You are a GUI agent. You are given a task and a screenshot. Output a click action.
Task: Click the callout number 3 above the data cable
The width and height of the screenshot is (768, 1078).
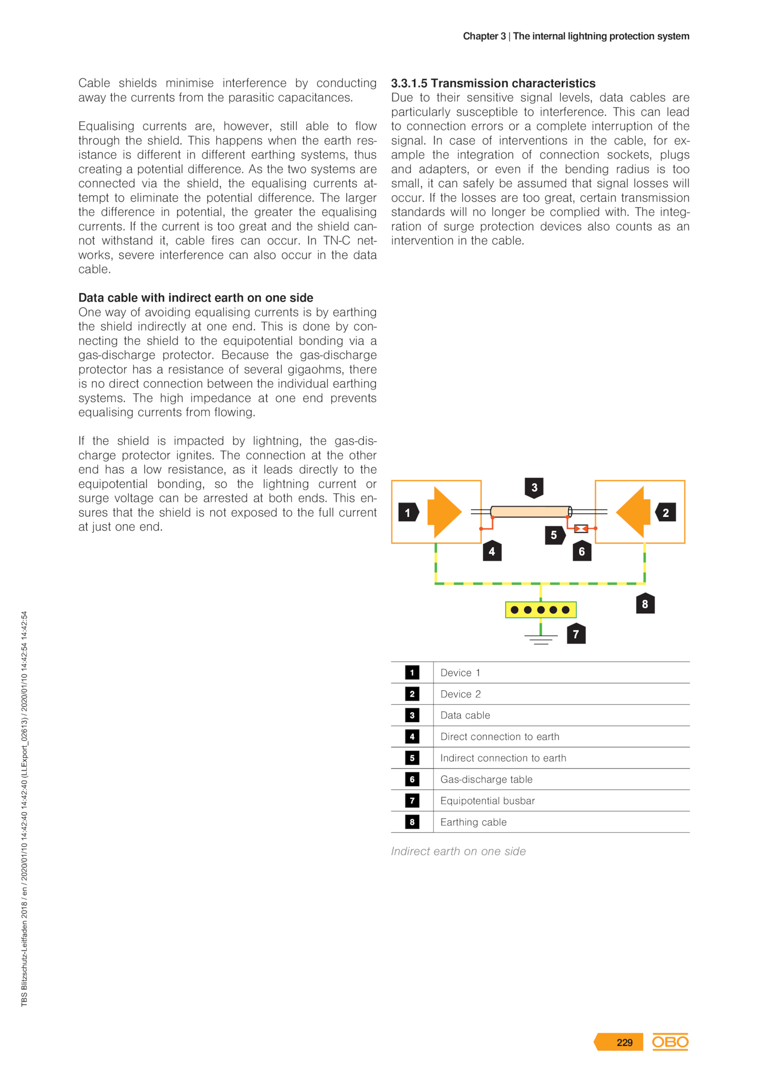pos(534,487)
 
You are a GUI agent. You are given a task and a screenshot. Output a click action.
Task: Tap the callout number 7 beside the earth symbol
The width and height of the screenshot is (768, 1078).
pos(576,634)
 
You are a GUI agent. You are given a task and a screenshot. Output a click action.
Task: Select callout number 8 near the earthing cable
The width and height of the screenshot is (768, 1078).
pos(645,604)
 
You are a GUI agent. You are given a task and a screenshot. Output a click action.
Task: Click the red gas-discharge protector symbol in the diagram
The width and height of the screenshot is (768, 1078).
pos(581,528)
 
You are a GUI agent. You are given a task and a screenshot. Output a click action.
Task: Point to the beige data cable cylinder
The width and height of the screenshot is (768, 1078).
pos(530,511)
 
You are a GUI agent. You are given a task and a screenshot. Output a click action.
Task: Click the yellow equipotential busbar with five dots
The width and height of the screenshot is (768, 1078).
pos(540,610)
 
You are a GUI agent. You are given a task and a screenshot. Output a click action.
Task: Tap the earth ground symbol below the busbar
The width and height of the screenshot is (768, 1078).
pos(541,639)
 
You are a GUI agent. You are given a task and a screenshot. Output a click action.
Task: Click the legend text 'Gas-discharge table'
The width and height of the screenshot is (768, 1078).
pos(486,779)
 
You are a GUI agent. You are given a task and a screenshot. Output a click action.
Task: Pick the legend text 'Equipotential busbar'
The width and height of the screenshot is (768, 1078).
pos(487,800)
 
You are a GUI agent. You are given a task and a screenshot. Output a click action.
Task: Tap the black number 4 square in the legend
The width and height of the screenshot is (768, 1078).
pos(412,737)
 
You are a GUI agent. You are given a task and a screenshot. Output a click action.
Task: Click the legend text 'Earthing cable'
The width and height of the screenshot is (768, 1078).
pos(473,822)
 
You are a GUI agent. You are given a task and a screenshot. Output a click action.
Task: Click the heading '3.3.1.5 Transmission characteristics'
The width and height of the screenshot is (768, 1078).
pos(493,83)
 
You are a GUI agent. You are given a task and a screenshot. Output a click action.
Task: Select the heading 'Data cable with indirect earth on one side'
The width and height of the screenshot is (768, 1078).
pos(196,298)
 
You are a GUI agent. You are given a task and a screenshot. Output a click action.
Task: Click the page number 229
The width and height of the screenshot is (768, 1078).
pos(624,1042)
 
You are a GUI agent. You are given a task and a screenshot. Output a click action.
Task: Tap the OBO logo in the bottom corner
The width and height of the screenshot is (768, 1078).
pos(670,1042)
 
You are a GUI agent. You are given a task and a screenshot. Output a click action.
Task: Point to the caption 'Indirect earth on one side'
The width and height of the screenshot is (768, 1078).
pos(458,851)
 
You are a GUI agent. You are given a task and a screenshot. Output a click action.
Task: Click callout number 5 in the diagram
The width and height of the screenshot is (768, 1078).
pos(553,535)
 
